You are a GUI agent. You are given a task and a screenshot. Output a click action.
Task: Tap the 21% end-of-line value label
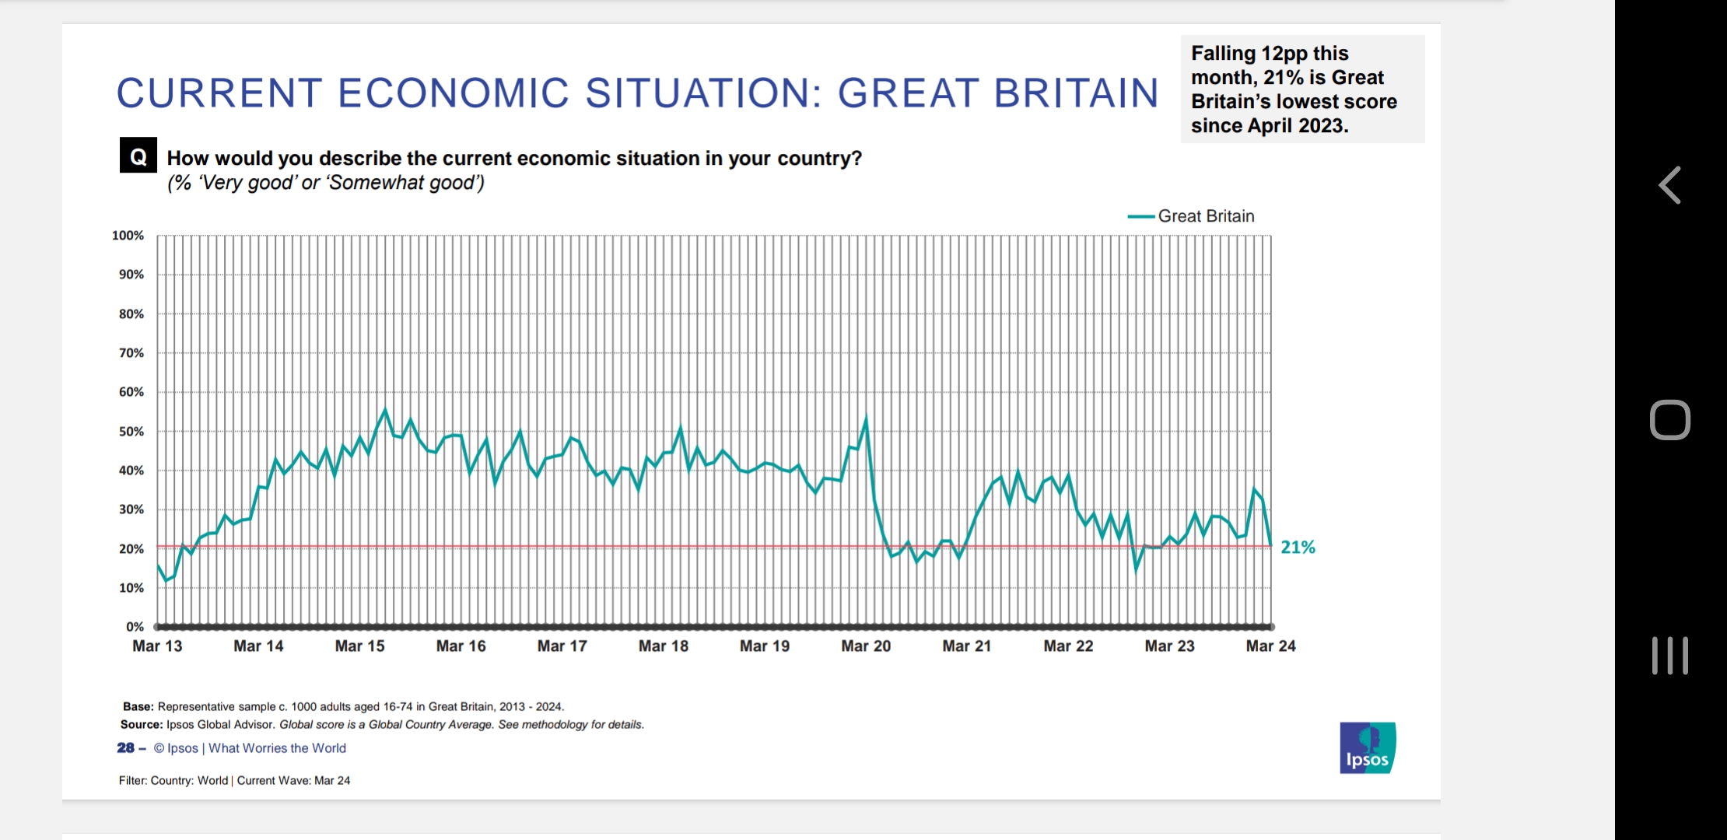(1298, 548)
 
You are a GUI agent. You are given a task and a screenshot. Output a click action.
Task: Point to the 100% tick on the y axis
(128, 236)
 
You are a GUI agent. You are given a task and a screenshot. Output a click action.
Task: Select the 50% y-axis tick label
(131, 432)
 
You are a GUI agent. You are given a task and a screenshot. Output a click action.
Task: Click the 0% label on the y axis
(135, 627)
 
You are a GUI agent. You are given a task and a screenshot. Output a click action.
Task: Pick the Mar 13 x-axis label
(157, 646)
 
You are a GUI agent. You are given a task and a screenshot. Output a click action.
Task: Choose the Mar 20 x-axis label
(866, 646)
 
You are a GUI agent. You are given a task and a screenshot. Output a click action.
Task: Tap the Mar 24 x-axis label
(1270, 646)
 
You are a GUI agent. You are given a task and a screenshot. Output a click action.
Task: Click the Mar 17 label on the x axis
(562, 646)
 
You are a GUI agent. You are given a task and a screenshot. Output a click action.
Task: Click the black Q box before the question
(138, 156)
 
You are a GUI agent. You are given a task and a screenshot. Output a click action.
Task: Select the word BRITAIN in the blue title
(1076, 93)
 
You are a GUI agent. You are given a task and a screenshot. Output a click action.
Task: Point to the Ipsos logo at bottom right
(1367, 748)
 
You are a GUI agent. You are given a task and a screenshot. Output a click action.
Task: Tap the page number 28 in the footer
(125, 748)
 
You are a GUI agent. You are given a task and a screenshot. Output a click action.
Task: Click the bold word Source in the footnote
(141, 725)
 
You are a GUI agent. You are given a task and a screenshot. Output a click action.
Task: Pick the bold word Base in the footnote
(138, 707)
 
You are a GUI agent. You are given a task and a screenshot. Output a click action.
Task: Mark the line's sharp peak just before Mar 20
(866, 420)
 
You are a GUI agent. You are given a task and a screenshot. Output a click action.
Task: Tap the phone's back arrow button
(1670, 185)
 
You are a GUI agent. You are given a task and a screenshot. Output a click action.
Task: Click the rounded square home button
(1670, 420)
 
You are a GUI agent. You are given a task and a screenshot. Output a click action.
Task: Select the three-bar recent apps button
(1670, 656)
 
